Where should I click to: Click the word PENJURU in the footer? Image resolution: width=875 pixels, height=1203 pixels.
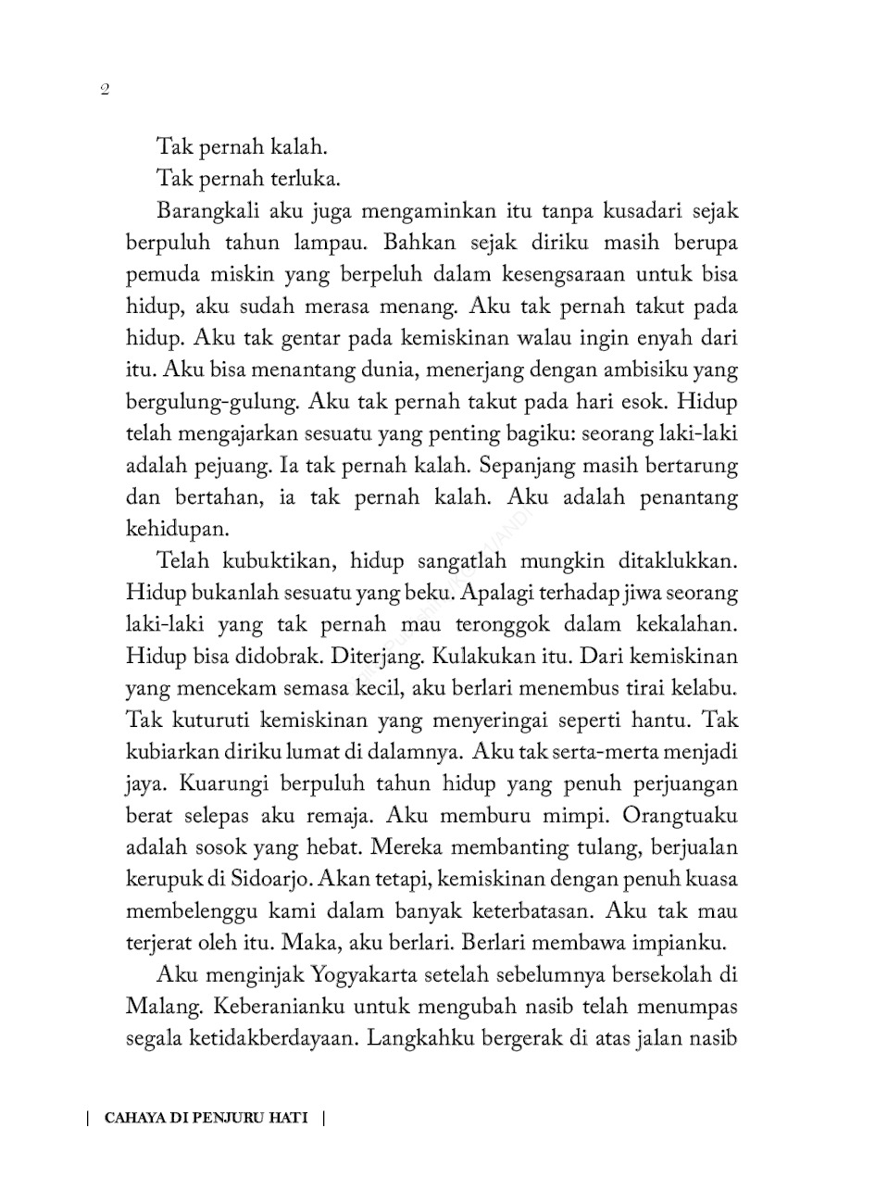pyautogui.click(x=235, y=1117)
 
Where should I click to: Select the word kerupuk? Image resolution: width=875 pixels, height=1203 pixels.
pyautogui.click(x=159, y=880)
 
